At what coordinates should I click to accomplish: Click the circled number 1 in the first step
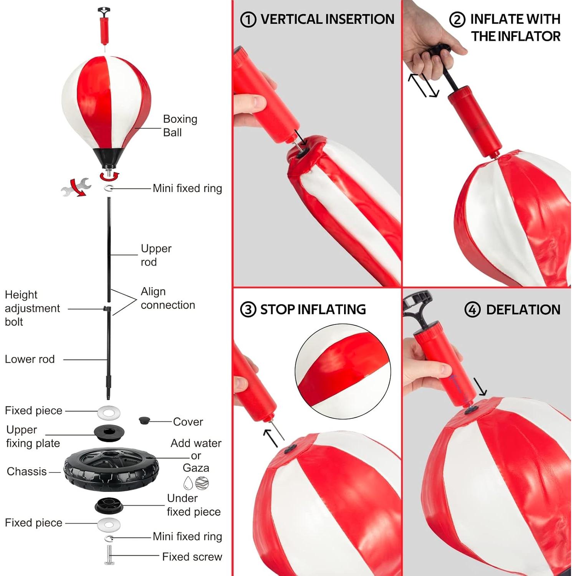tap(248, 20)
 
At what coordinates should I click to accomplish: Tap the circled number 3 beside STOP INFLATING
tap(248, 310)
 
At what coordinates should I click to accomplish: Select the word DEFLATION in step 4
tap(523, 310)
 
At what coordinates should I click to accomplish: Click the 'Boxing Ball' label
tap(180, 126)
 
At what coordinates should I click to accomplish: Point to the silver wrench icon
tap(76, 187)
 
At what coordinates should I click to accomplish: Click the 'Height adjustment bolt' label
tap(32, 308)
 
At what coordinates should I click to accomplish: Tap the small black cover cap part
tap(144, 420)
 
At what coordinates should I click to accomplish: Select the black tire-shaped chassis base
tap(111, 470)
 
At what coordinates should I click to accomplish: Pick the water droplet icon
tap(188, 483)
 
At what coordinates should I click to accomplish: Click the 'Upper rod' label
tap(156, 255)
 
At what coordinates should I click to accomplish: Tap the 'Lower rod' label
tap(30, 359)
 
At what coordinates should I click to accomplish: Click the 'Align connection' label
tap(168, 298)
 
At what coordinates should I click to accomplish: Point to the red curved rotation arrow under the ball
tap(109, 176)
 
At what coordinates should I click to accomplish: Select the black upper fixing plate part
tap(109, 431)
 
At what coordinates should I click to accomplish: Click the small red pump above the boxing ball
tap(104, 27)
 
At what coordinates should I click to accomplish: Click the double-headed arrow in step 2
tap(423, 85)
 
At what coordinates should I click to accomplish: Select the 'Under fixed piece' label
tap(194, 505)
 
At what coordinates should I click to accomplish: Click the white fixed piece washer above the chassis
tap(109, 413)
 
